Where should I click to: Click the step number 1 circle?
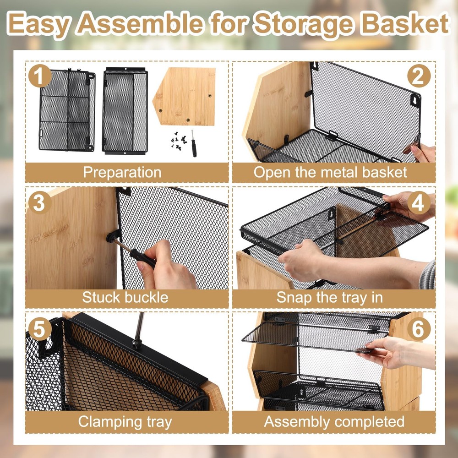40,76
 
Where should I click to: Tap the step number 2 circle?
419,76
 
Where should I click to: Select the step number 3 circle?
40,202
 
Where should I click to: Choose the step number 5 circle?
40,329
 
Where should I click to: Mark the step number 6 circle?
419,329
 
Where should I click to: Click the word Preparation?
122,172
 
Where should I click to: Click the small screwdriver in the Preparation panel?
193,143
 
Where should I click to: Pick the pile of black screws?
179,141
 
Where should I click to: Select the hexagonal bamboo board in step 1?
184,96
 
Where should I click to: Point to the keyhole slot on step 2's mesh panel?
414,100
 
